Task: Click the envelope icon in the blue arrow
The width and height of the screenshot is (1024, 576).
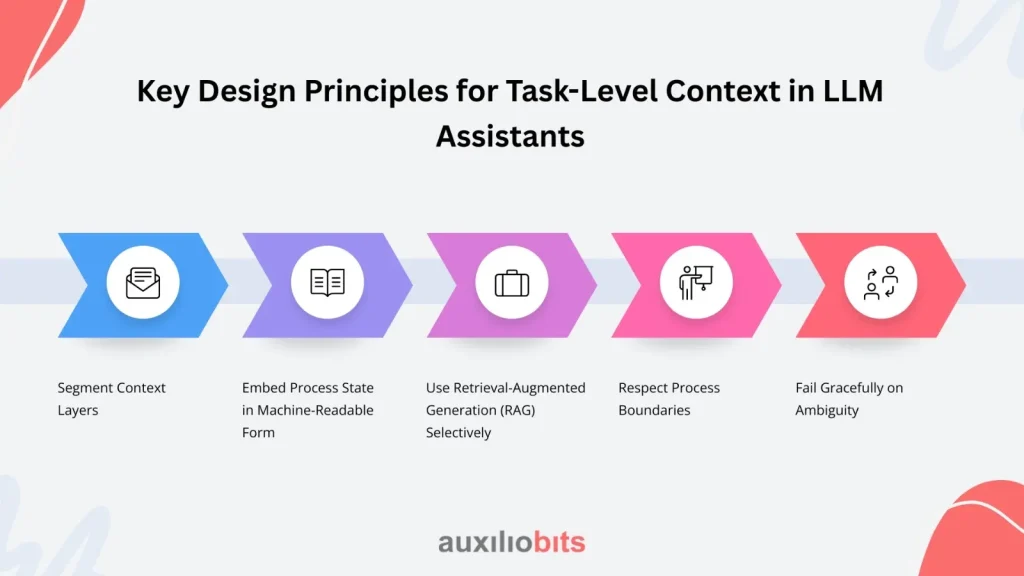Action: point(142,283)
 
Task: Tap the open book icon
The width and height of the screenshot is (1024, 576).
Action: point(327,282)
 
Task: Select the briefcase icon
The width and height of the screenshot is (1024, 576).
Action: point(512,283)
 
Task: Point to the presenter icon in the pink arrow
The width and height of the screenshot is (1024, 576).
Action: point(696,283)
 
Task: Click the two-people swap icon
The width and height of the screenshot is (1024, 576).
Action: point(880,283)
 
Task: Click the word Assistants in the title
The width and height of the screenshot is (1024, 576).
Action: point(510,136)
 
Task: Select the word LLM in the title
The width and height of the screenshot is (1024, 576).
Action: point(853,91)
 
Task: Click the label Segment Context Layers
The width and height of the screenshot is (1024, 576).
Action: point(112,398)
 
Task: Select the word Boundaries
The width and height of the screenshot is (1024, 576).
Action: point(654,410)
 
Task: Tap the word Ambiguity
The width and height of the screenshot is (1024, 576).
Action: point(827,411)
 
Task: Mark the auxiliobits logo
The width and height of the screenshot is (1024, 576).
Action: point(512,542)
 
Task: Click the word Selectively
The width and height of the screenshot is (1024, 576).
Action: point(458,432)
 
